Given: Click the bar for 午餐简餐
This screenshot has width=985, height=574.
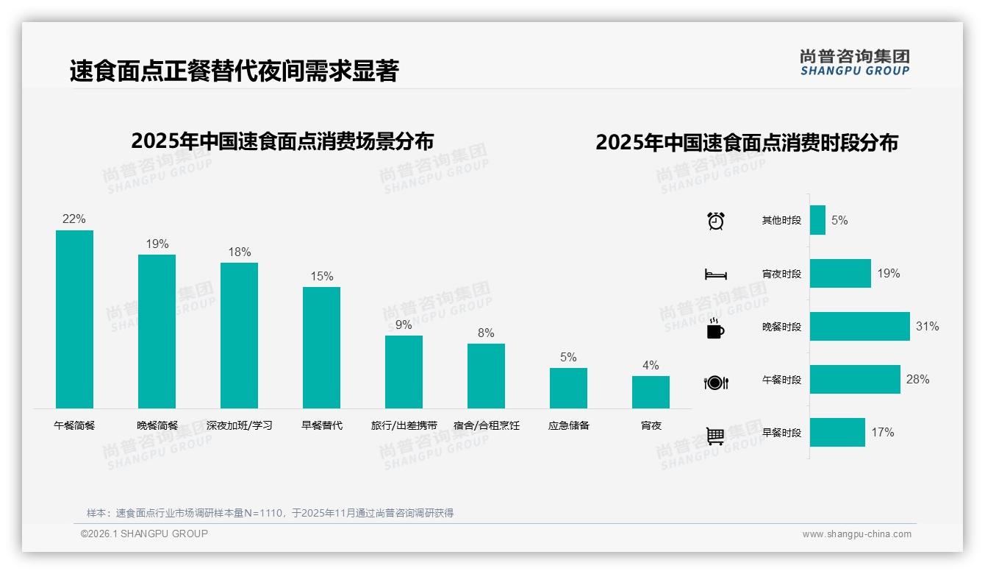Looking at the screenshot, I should coord(74,319).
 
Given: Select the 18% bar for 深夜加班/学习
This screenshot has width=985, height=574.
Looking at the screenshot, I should coord(239,336).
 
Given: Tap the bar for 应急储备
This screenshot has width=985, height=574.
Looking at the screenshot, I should coord(568,388).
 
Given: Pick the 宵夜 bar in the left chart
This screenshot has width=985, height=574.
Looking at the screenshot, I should coord(651,392).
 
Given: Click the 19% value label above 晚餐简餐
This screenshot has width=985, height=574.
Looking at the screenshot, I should coord(157,244).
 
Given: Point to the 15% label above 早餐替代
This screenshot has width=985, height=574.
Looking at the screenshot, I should coord(321,277).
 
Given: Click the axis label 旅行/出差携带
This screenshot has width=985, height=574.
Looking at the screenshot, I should coord(404,425).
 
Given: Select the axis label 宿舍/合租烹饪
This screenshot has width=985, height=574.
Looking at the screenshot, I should coord(486,425).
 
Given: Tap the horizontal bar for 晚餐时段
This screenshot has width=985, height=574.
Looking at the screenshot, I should coord(859,326).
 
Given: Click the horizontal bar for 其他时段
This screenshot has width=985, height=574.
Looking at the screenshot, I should coord(817,220).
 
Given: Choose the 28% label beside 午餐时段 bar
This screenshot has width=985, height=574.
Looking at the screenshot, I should coord(917,380).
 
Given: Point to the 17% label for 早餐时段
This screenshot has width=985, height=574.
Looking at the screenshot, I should coord(882,433).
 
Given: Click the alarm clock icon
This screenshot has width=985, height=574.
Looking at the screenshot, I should coord(715,220).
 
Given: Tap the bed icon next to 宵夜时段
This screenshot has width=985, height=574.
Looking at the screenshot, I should coord(715,274).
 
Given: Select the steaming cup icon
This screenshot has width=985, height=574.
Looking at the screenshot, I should coord(714,327).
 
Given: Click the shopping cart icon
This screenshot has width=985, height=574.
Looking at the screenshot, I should coord(715,436).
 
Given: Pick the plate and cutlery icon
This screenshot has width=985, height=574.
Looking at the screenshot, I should coord(715,383).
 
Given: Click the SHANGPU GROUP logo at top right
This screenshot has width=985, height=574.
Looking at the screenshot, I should coord(854,63).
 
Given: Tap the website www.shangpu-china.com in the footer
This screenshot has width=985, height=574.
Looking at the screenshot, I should coord(856,534).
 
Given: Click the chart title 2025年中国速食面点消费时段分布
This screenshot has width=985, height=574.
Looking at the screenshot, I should coord(747,143).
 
